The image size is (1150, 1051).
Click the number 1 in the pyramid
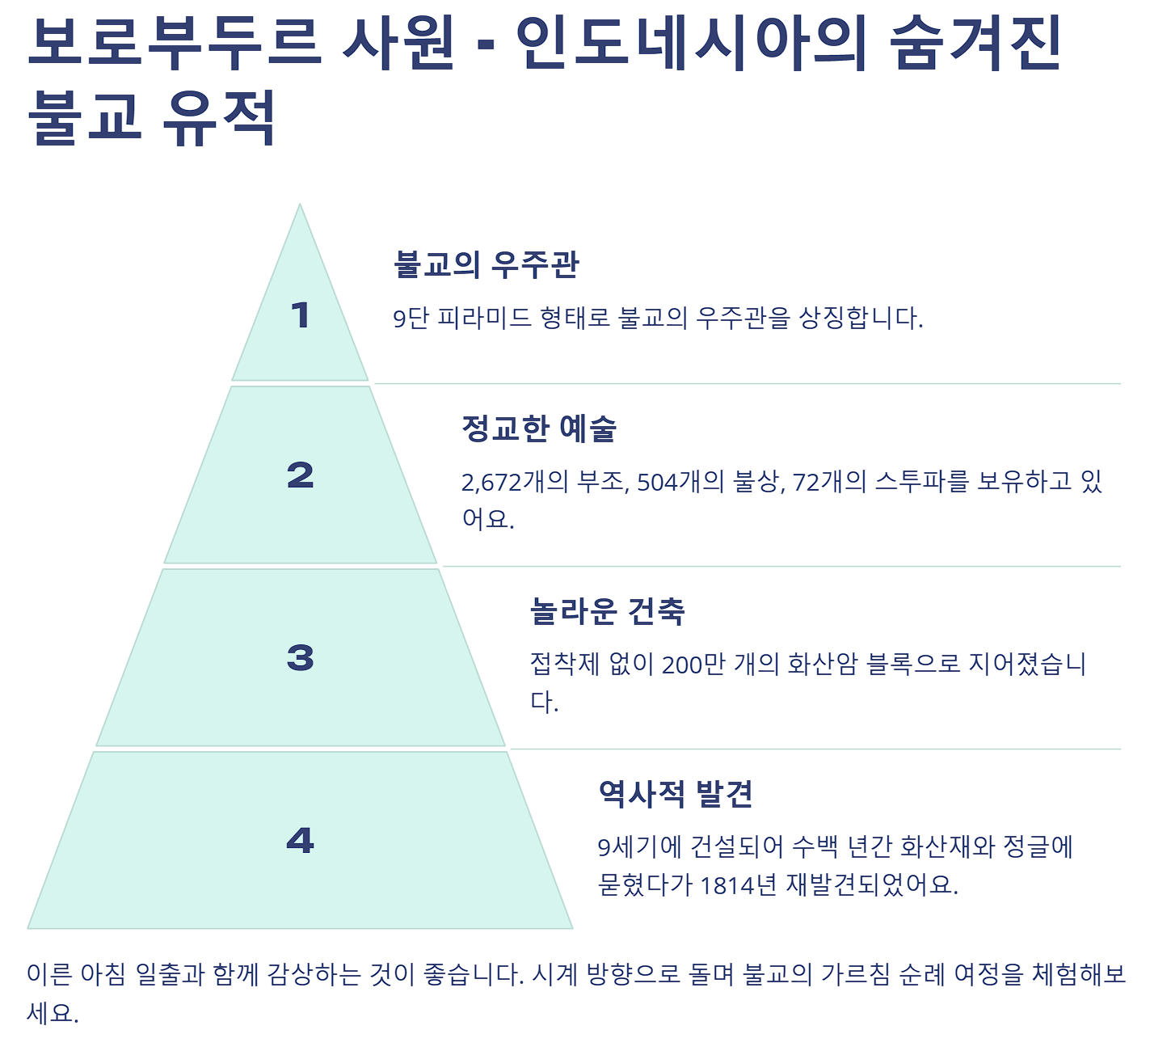(300, 315)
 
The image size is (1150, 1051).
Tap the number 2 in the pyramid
(300, 475)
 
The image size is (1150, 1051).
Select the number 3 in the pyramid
(300, 658)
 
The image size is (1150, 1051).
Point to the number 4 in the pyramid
(300, 841)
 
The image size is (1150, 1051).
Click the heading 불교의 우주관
(486, 264)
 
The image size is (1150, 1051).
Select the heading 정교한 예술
(538, 428)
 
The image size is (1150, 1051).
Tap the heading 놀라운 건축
(607, 611)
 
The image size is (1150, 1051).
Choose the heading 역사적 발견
(676, 794)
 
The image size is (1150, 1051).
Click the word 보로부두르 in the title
(174, 44)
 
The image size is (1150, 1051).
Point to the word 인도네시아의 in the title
(692, 44)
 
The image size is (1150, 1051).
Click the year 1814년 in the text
(738, 885)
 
